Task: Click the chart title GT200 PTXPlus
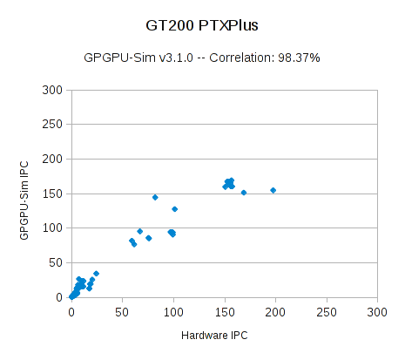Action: (202, 26)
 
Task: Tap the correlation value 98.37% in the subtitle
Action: (299, 58)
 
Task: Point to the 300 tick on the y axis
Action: (52, 90)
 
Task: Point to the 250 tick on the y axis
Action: (52, 125)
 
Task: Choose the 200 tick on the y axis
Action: (52, 159)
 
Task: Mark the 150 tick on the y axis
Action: (52, 194)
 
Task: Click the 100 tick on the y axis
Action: (52, 228)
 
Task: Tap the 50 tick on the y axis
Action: (55, 262)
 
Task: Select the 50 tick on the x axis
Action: (122, 311)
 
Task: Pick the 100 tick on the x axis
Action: (173, 311)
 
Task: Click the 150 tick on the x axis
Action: (225, 311)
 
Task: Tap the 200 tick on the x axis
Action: (276, 311)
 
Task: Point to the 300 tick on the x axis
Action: (378, 311)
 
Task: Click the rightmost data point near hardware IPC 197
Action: (273, 190)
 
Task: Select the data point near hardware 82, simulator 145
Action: (155, 197)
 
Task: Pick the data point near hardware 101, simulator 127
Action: (174, 209)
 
